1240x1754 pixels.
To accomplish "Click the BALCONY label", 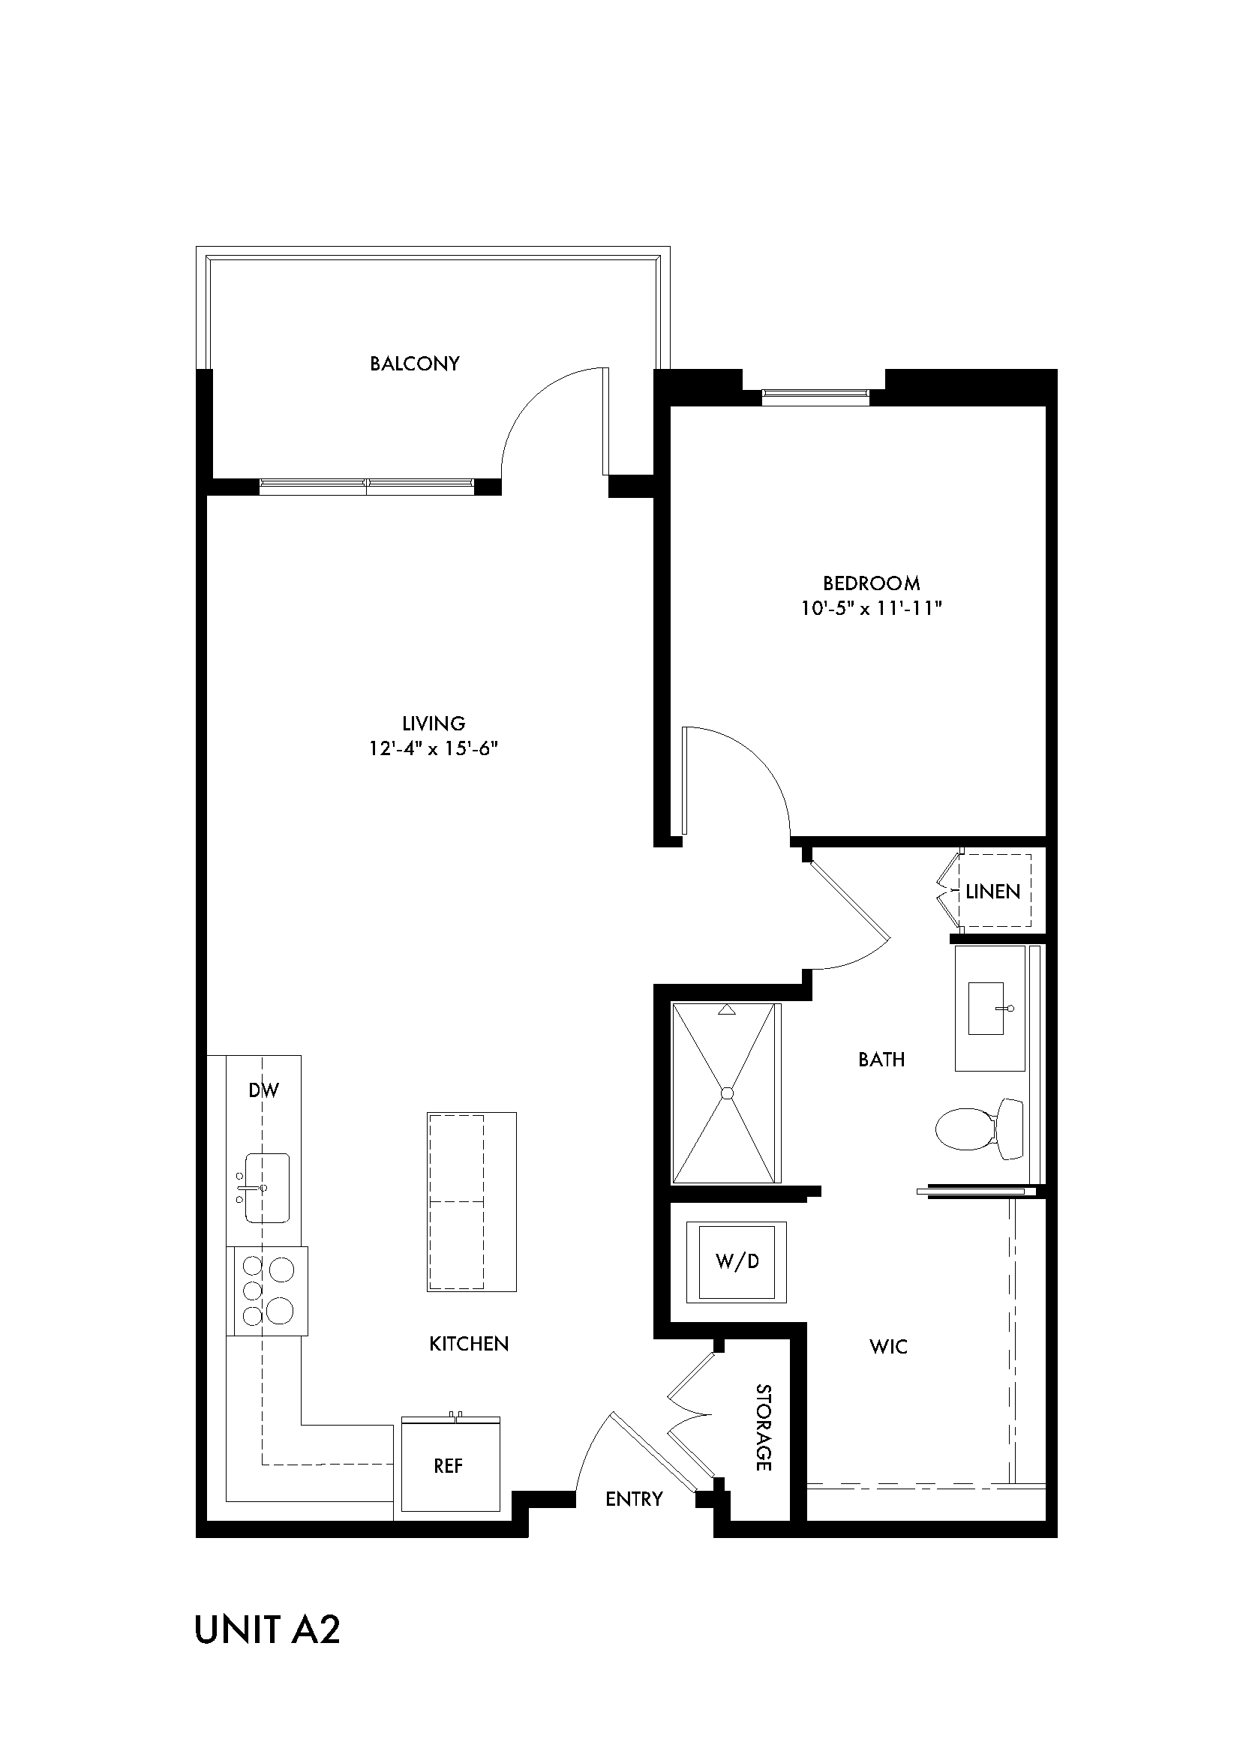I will pos(415,364).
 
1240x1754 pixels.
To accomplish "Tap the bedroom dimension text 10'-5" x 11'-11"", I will pos(871,609).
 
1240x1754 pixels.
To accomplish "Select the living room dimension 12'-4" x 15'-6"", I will pos(433,748).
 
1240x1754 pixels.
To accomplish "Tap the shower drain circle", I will pos(727,1093).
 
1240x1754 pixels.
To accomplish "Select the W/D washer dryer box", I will pos(737,1261).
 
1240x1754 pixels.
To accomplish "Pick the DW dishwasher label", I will pos(263,1090).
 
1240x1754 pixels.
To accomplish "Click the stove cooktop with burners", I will pos(267,1291).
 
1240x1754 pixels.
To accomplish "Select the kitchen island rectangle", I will pos(471,1201).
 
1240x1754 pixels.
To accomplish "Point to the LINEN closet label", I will pos(992,892).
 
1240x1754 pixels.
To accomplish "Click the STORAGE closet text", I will pos(762,1427).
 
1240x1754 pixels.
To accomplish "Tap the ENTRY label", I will pos(633,1499).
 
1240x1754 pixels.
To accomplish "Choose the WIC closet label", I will pos(887,1347).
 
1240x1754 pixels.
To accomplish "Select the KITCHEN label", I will pos(468,1344).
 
